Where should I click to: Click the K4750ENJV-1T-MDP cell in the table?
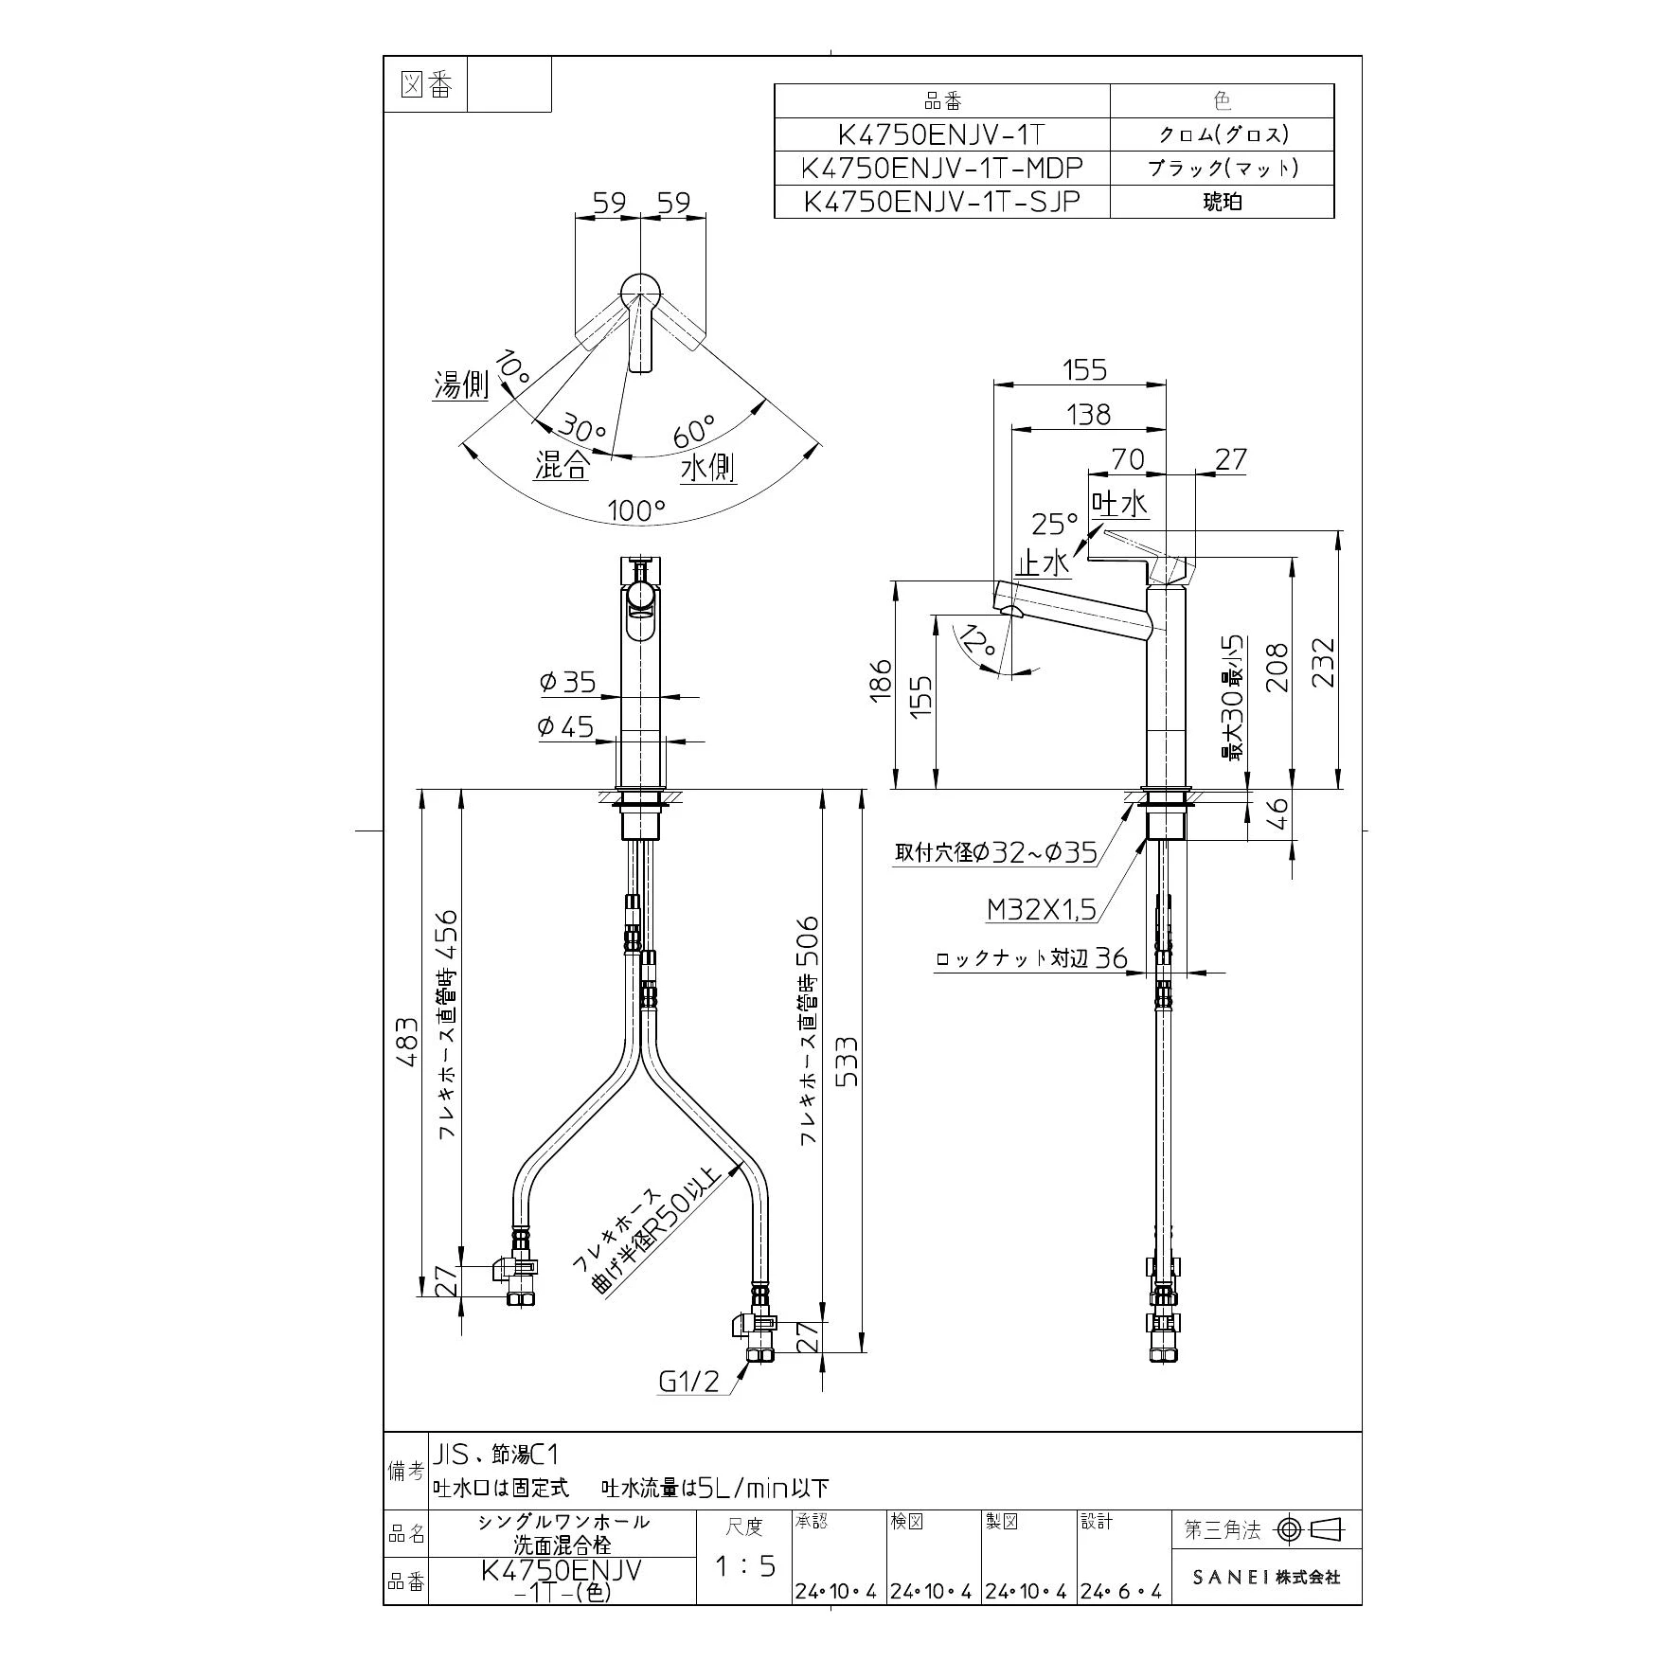pyautogui.click(x=941, y=169)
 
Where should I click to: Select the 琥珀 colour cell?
pyautogui.click(x=1222, y=202)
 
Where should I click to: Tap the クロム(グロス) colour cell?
pyautogui.click(x=1222, y=134)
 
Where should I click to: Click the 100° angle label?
pyautogui.click(x=636, y=511)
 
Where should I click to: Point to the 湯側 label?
pyautogui.click(x=461, y=385)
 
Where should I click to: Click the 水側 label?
pyautogui.click(x=709, y=467)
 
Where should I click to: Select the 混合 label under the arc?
pyautogui.click(x=562, y=465)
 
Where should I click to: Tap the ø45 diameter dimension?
pyautogui.click(x=565, y=726)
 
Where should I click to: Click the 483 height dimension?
pyautogui.click(x=406, y=1043)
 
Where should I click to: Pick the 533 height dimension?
pyautogui.click(x=847, y=1061)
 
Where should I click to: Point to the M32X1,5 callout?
pyautogui.click(x=1041, y=910)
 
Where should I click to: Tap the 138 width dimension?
pyautogui.click(x=1088, y=414)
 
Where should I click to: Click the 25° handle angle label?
pyautogui.click(x=1055, y=524)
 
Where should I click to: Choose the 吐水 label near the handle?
pyautogui.click(x=1119, y=503)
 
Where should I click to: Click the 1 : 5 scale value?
pyautogui.click(x=744, y=1566)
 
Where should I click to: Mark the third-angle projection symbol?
pyautogui.click(x=1312, y=1529)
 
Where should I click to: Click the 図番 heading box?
pyautogui.click(x=427, y=85)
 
